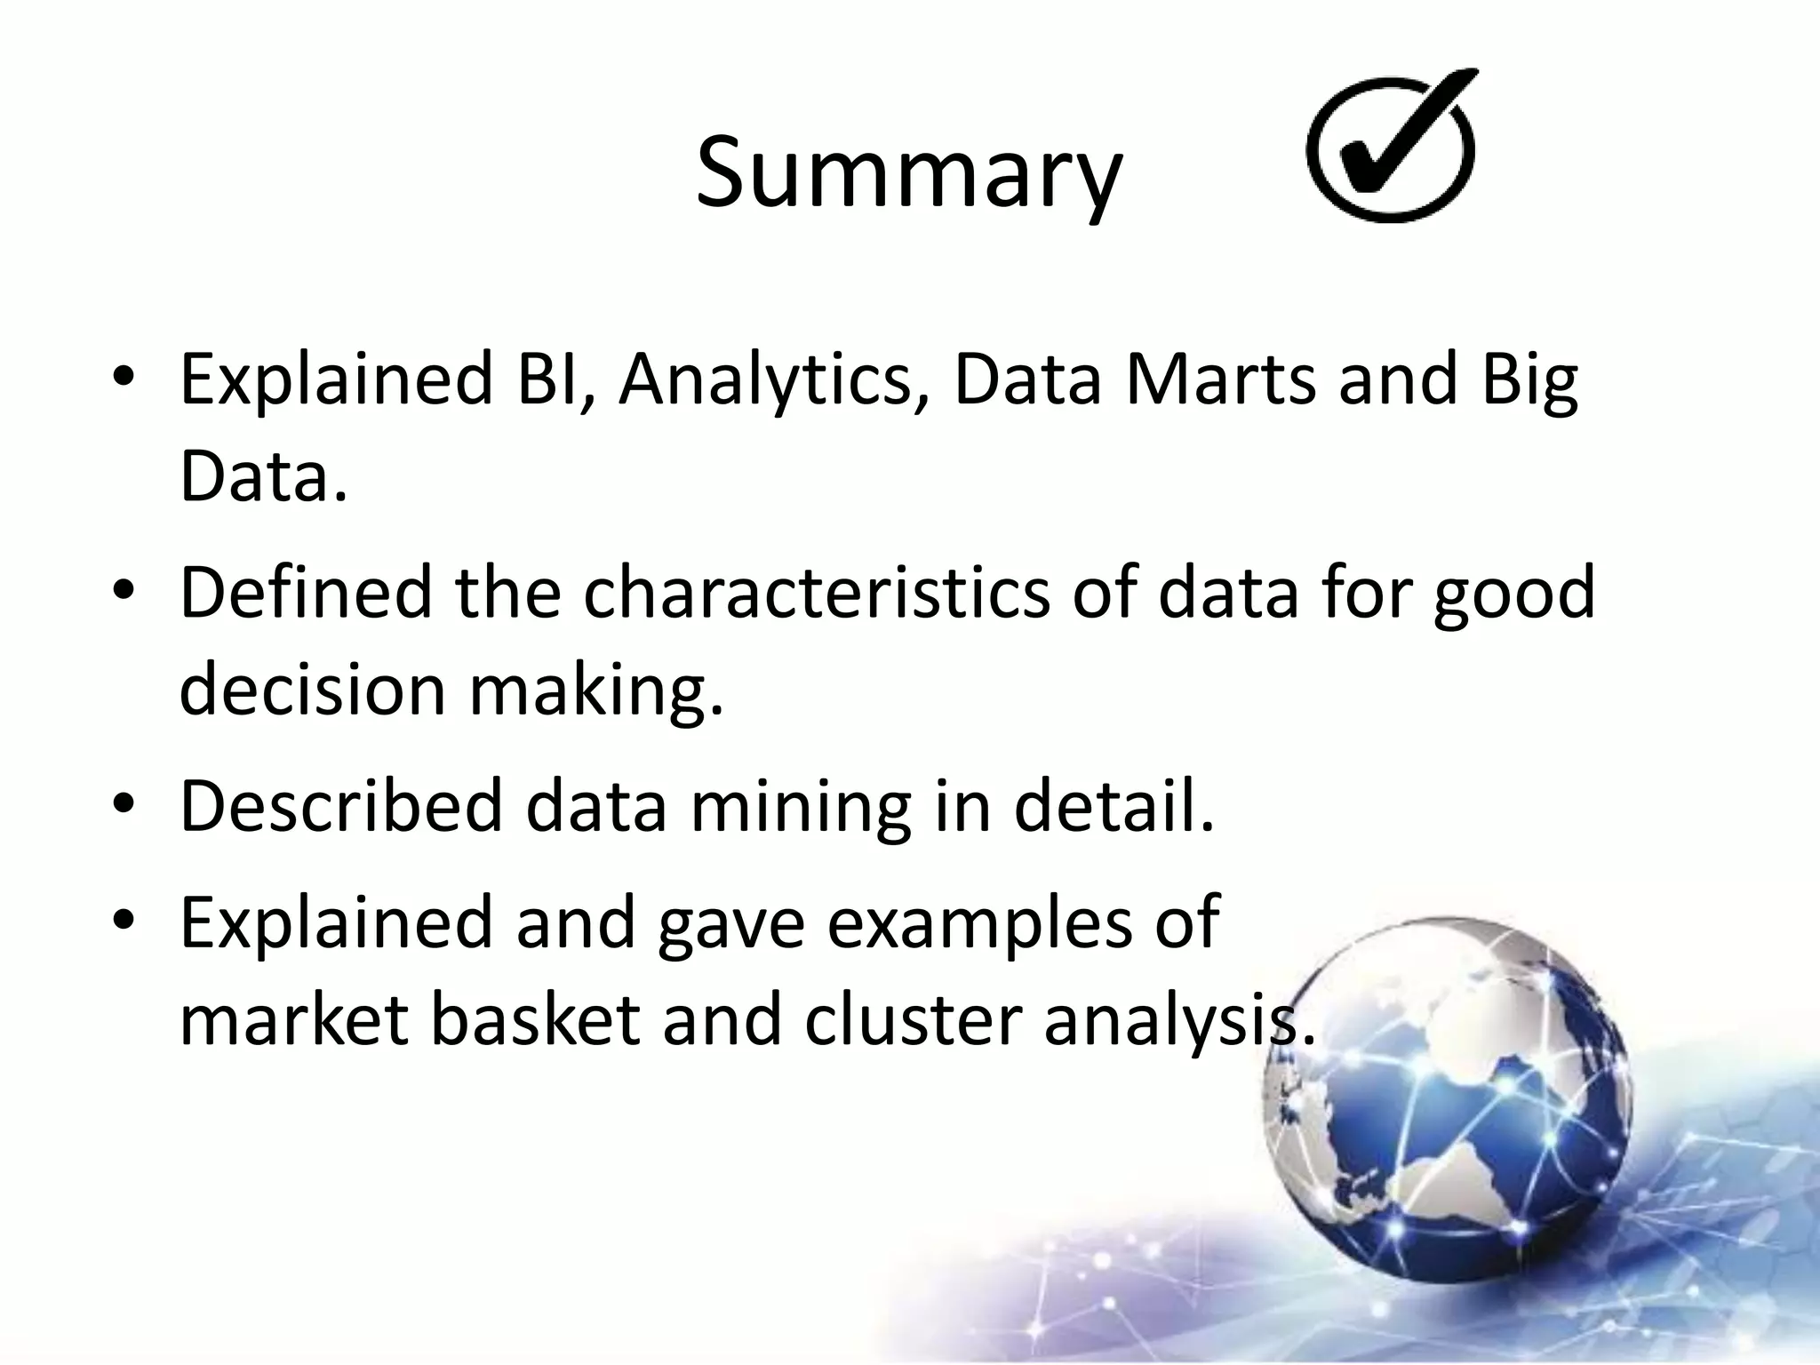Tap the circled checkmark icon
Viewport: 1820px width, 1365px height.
pyautogui.click(x=1393, y=148)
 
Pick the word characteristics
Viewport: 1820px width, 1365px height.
pyautogui.click(x=816, y=593)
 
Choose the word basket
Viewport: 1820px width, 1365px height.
pyautogui.click(x=535, y=1020)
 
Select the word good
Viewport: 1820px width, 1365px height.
pyautogui.click(x=1514, y=593)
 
